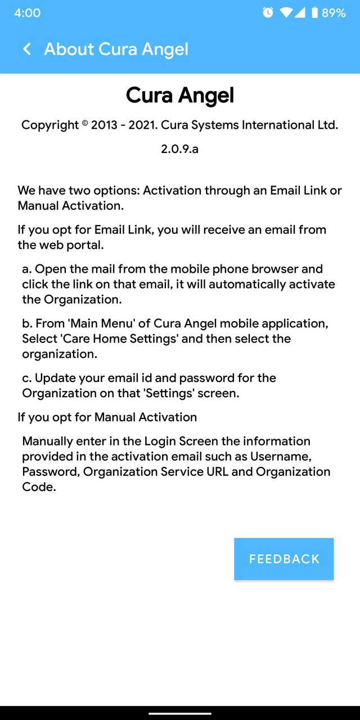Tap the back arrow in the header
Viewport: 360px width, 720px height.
[x=26, y=49]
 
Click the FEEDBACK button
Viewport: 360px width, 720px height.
[x=284, y=559]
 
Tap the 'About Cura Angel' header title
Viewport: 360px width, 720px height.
[x=116, y=49]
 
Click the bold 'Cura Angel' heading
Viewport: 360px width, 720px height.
[x=180, y=95]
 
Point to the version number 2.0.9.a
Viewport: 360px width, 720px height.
[x=180, y=149]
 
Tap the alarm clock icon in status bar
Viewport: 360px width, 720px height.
[x=268, y=12]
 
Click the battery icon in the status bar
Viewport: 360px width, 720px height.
[x=314, y=12]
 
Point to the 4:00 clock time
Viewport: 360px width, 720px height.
[x=27, y=12]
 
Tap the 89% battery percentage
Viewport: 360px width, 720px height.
[x=334, y=12]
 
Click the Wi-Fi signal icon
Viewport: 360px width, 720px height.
[x=286, y=12]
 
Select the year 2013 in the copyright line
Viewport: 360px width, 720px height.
[x=104, y=125]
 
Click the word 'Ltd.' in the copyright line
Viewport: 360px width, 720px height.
[x=327, y=125]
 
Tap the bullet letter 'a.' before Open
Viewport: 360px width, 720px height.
[x=27, y=269]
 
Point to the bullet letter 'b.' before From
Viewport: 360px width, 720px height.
[x=27, y=323]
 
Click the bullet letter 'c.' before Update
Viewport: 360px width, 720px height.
[x=27, y=378]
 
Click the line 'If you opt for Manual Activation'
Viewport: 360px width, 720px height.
[x=107, y=417]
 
